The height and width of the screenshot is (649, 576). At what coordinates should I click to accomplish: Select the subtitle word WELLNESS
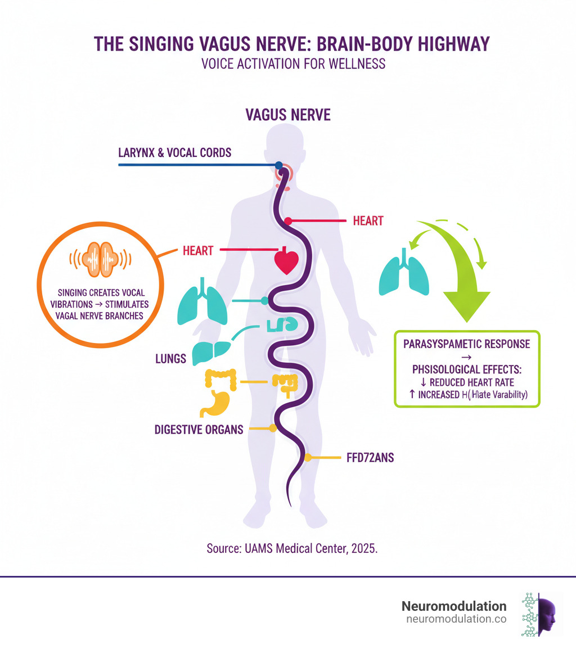coord(354,64)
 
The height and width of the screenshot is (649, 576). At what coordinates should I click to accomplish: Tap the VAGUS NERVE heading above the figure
coord(288,115)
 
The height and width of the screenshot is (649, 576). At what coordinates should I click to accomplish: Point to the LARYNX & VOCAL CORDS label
coord(175,152)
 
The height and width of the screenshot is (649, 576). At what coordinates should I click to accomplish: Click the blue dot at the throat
coord(279,165)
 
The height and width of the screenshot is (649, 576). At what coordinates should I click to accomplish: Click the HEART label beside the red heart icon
coord(198,251)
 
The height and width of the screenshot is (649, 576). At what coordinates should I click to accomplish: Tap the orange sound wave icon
coord(100,258)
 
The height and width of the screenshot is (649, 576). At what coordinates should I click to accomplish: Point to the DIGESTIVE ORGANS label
coord(199,430)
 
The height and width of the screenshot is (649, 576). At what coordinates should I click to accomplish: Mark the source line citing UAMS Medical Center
coord(287,549)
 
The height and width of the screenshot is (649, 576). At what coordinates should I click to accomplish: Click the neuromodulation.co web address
coord(456,620)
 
